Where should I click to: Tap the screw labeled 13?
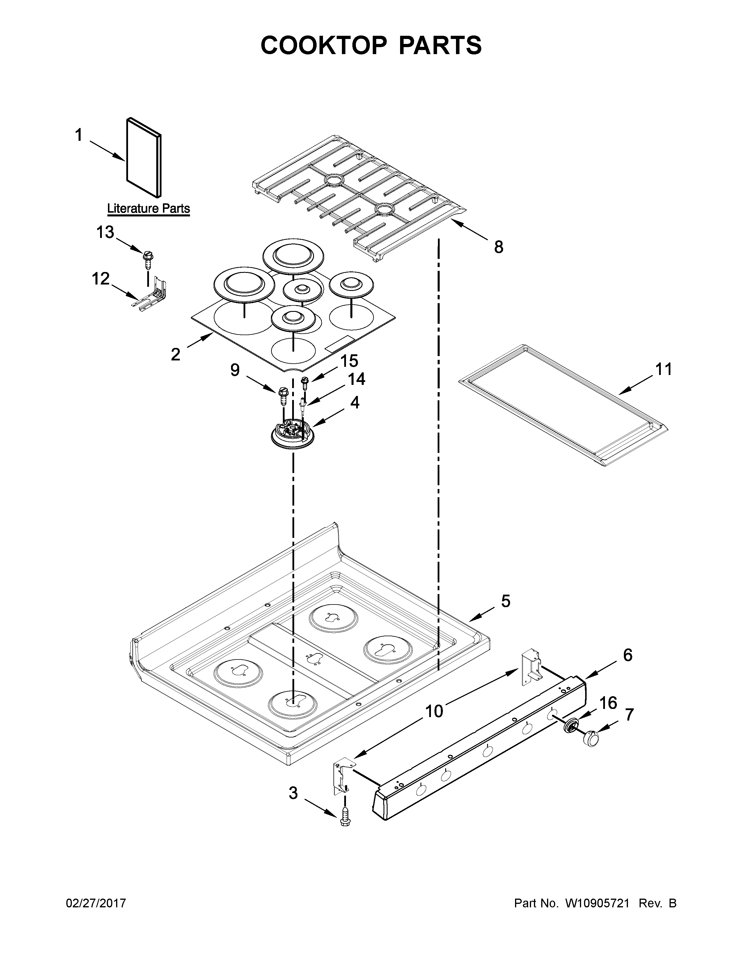coord(148,258)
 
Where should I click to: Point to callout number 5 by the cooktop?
coord(505,601)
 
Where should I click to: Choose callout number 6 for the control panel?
coord(627,667)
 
